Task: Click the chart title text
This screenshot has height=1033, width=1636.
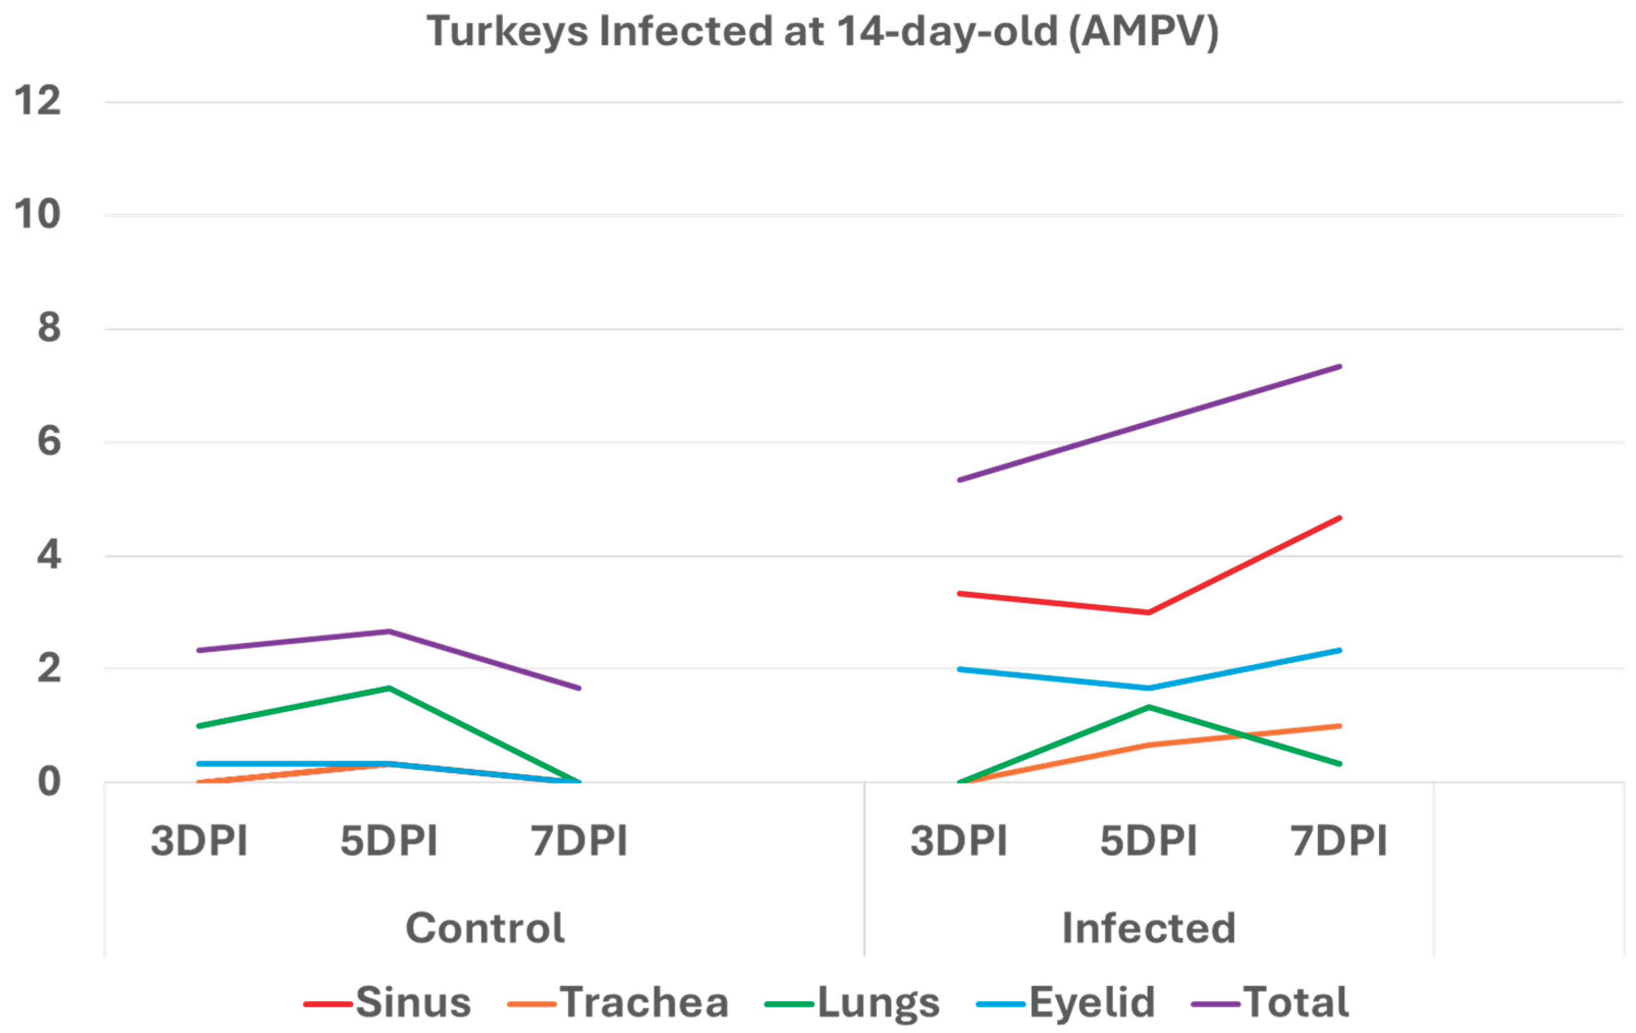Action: (822, 32)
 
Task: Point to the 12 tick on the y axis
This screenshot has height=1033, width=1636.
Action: (38, 101)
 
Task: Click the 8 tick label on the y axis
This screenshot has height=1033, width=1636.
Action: (49, 328)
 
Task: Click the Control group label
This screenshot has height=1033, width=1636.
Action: (484, 928)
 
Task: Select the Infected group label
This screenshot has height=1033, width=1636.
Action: (1148, 928)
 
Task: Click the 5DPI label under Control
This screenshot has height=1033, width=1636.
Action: (389, 841)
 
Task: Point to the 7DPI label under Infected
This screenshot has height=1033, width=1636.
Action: (1339, 841)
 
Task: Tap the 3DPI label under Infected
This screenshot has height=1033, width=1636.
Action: (959, 841)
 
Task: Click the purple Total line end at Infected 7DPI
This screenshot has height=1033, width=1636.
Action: (1339, 367)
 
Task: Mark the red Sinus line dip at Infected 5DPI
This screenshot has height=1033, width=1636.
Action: (1148, 613)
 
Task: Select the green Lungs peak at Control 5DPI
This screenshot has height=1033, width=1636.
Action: (389, 688)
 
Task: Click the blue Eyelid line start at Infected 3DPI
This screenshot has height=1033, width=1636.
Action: (959, 669)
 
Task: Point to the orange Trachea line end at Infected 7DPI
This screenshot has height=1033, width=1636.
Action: (1339, 726)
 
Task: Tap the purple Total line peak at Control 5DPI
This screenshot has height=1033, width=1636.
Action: (389, 632)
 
